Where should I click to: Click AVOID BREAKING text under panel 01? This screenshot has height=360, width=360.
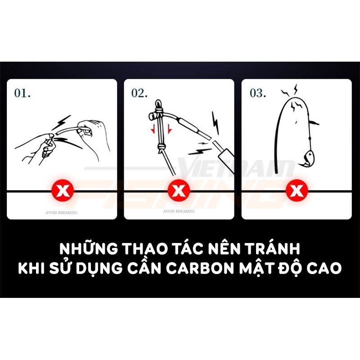point(62,212)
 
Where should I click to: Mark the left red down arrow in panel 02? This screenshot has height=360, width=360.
point(154,129)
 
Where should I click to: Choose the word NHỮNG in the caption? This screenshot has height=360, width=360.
point(87,248)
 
